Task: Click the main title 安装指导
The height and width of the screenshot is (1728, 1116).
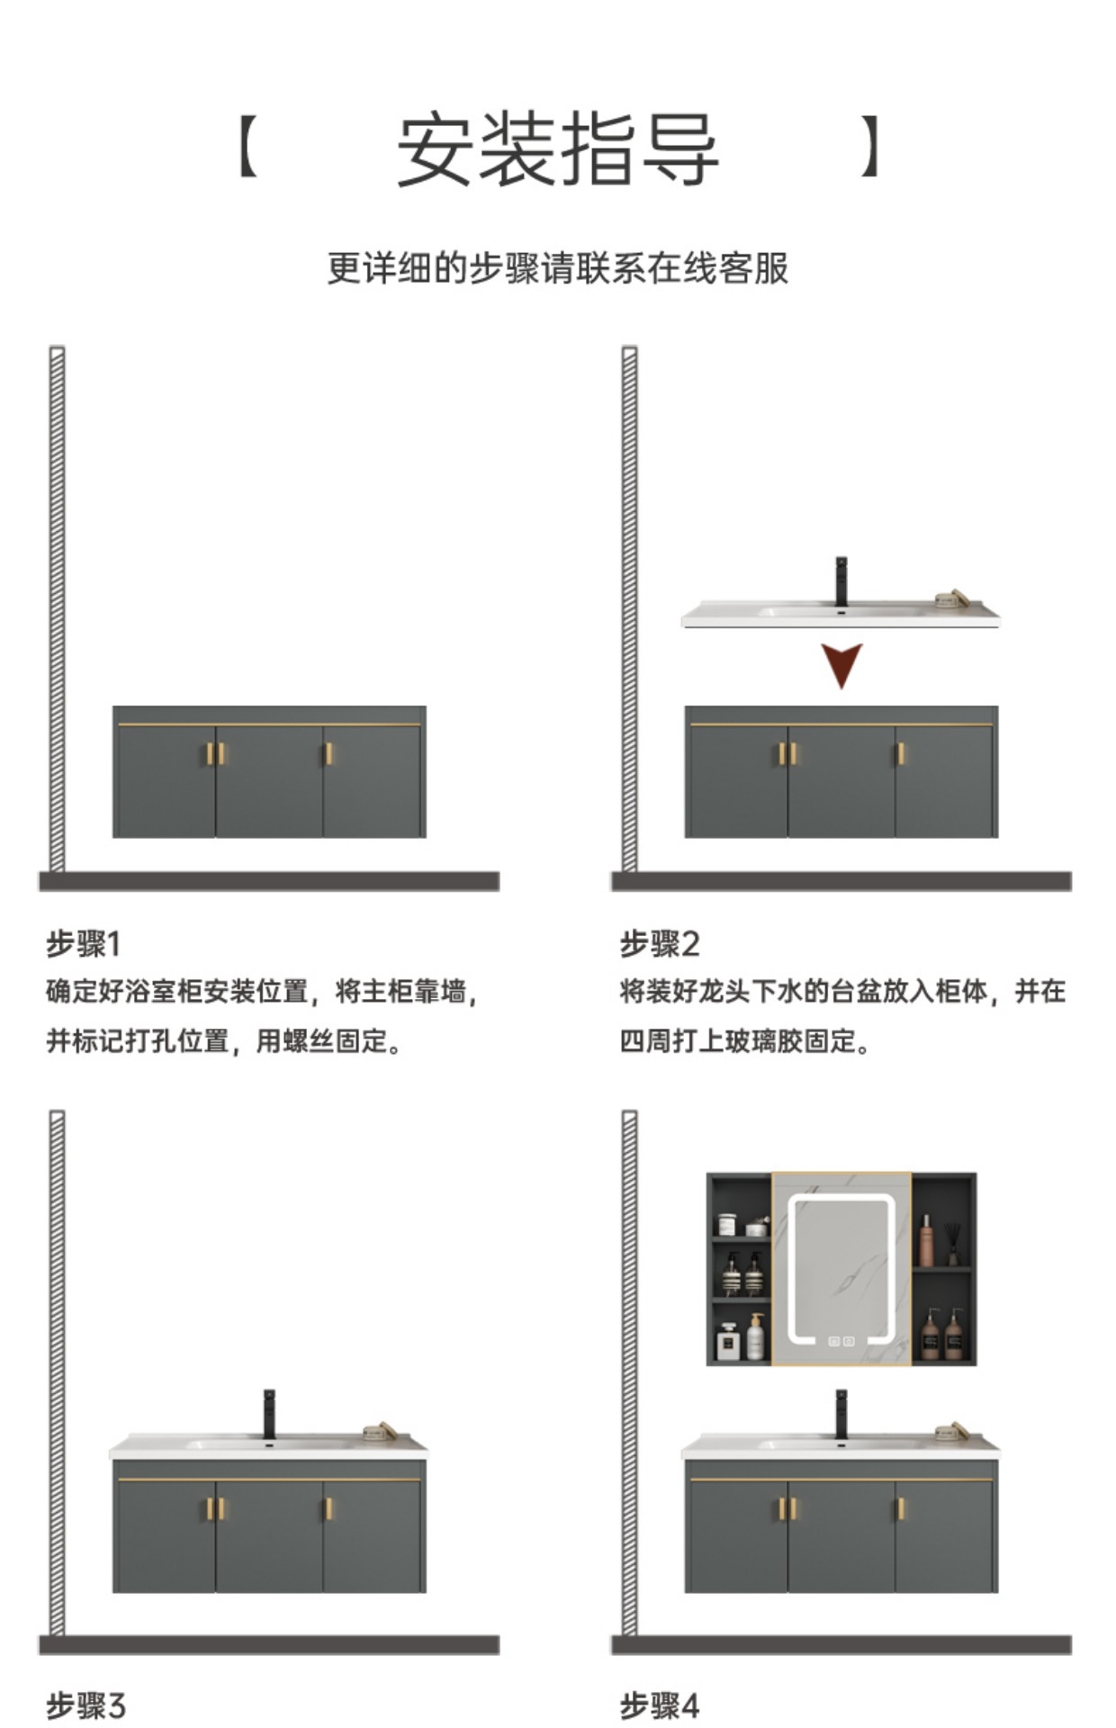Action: tap(557, 148)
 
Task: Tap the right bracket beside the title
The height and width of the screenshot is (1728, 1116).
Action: tap(868, 146)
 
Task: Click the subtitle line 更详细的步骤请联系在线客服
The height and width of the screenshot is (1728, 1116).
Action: tap(557, 268)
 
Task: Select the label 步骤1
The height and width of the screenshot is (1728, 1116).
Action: tap(83, 944)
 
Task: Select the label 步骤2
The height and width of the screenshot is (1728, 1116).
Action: tap(659, 944)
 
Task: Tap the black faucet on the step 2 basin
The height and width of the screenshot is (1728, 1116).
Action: tap(841, 581)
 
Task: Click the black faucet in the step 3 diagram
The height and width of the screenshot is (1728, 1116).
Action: tap(268, 1414)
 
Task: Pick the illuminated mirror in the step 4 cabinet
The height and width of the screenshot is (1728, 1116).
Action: tap(841, 1269)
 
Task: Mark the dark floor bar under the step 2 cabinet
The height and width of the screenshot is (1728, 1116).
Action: tap(841, 881)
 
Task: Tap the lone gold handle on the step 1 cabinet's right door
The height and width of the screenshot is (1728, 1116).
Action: tap(328, 753)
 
